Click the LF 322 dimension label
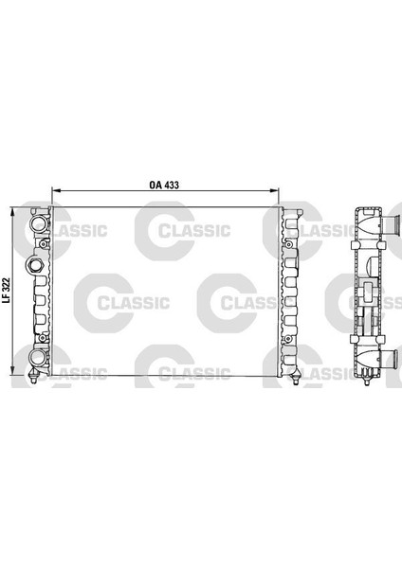pyautogui.click(x=6, y=289)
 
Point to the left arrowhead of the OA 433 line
pyautogui.click(x=54, y=191)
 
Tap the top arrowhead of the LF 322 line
pyautogui.click(x=12, y=210)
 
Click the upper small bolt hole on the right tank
pyautogui.click(x=289, y=243)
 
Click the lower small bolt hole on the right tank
pyautogui.click(x=289, y=339)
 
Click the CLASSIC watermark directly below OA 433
pyautogui.click(x=189, y=228)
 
